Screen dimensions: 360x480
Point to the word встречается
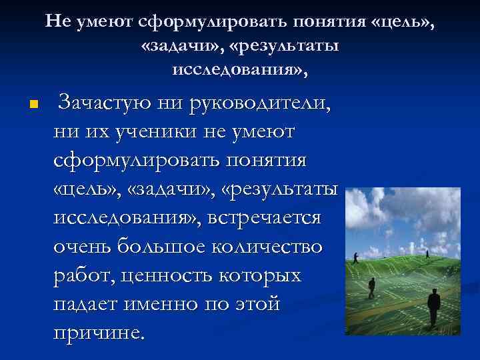[x=265, y=218]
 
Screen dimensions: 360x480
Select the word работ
[x=79, y=275]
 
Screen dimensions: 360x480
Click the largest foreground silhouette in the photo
[x=434, y=306]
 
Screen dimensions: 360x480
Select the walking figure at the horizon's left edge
[x=357, y=255]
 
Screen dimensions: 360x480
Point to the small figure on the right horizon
[x=427, y=253]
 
